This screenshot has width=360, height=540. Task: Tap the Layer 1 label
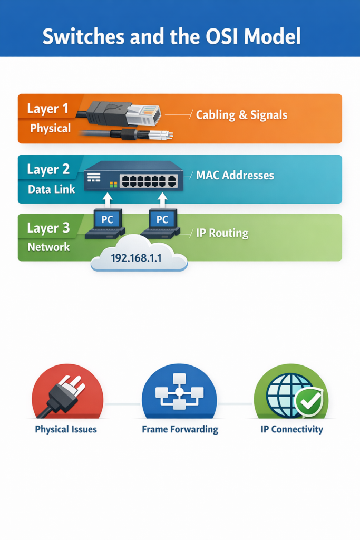(x=47, y=109)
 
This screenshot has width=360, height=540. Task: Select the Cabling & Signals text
(x=241, y=114)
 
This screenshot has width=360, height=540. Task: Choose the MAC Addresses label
(x=235, y=175)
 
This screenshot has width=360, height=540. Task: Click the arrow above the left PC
(x=107, y=199)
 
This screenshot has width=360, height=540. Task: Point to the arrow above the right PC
(x=163, y=199)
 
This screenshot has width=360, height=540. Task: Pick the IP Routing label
(x=221, y=233)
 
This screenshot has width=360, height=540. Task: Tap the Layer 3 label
(x=48, y=228)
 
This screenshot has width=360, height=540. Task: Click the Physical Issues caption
(x=66, y=429)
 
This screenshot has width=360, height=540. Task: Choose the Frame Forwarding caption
(x=180, y=429)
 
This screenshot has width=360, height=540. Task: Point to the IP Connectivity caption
(x=291, y=429)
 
